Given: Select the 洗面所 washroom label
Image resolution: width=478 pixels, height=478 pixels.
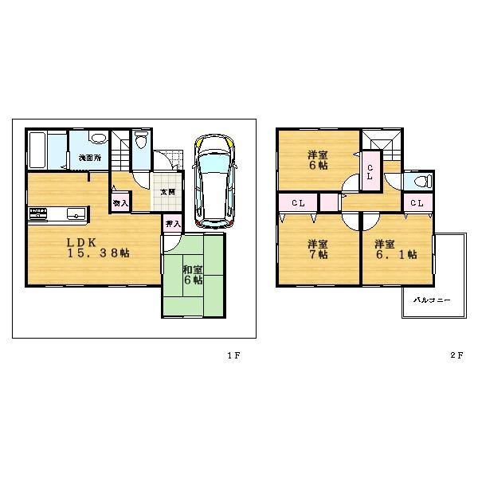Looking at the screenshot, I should tap(88, 158).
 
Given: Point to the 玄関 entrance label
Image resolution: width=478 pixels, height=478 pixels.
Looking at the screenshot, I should tap(167, 192).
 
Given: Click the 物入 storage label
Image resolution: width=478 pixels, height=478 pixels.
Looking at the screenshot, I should tap(120, 203).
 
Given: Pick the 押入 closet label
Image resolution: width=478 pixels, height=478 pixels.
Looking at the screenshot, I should tap(172, 225).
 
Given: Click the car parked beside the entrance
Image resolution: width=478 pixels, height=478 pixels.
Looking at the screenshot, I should tap(213, 178).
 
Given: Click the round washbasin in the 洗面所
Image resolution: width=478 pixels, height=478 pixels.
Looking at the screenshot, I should tap(96, 137).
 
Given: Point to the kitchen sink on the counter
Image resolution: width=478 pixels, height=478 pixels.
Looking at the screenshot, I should tap(73, 214).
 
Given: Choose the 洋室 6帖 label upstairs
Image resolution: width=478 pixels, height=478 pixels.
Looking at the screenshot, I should tap(319, 160).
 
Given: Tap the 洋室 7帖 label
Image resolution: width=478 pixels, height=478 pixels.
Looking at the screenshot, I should tap(319, 249).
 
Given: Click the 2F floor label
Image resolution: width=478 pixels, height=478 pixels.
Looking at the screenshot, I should tap(455, 355).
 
